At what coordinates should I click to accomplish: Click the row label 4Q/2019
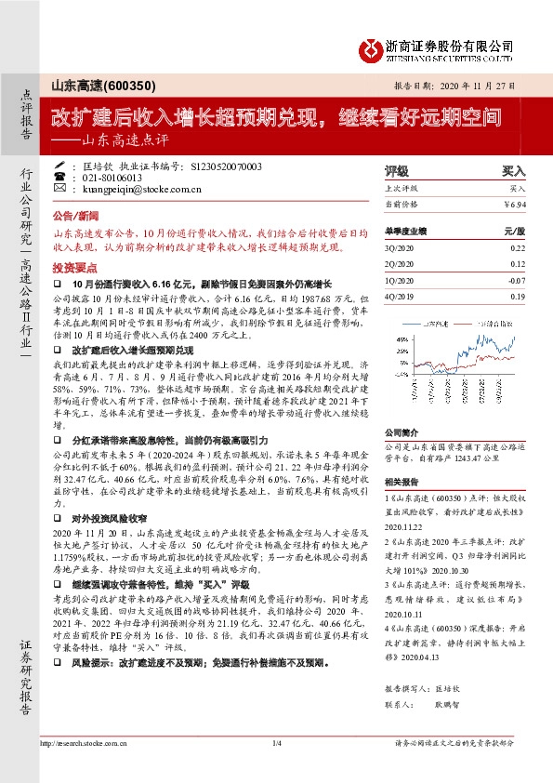click(x=400, y=295)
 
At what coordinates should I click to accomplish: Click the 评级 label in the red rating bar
click(x=397, y=172)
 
